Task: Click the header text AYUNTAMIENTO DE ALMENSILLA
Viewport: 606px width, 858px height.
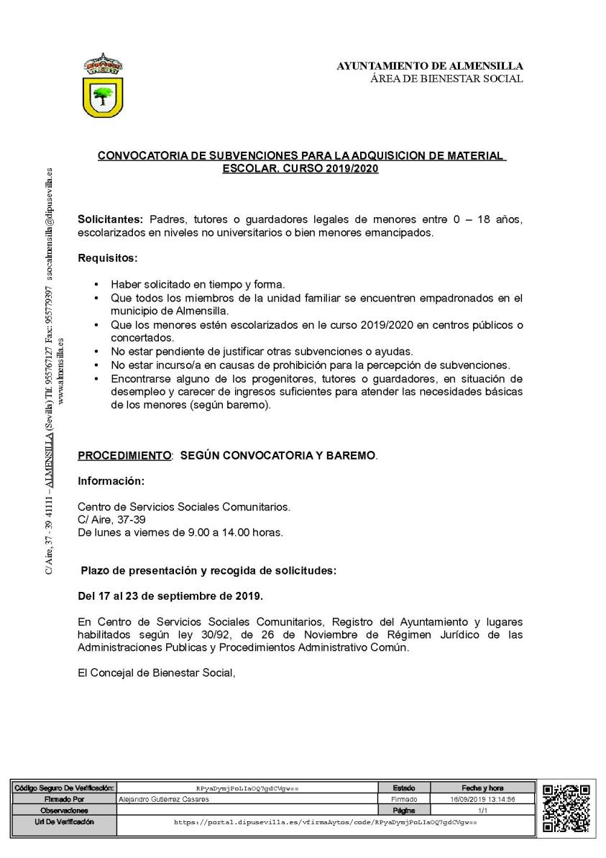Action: coord(430,66)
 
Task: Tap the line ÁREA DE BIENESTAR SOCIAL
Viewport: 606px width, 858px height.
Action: coord(446,78)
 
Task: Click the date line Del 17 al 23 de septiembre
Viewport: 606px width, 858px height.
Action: coord(170,595)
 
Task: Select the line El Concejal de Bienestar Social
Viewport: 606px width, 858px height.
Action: coord(157,673)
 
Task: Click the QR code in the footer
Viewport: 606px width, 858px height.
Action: coord(566,808)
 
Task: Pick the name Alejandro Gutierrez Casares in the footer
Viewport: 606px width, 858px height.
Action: coord(163,799)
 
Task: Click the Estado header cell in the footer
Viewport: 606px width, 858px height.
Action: coord(403,788)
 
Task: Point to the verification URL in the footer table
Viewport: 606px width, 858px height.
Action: coord(326,821)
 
